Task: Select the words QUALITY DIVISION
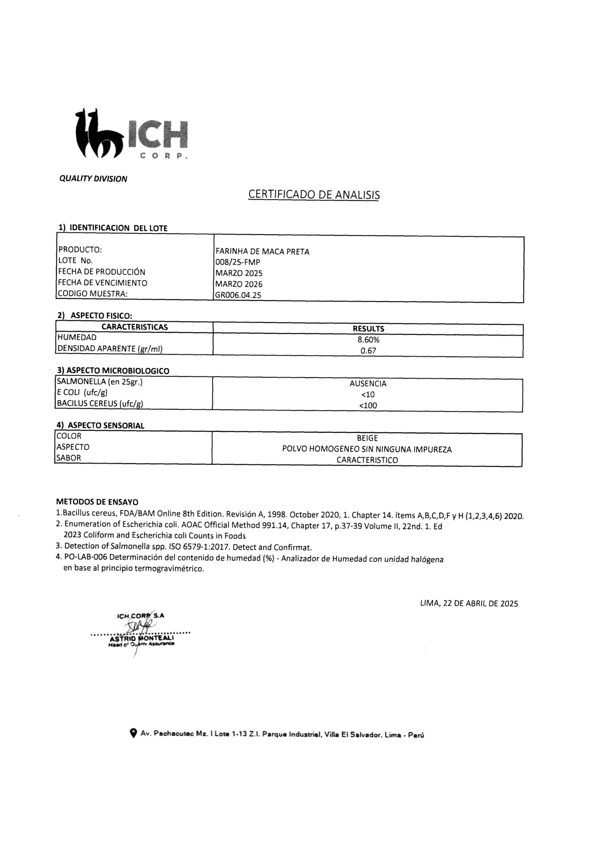pos(93,179)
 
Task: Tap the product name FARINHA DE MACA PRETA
pos(262,252)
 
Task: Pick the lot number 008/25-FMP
pos(238,262)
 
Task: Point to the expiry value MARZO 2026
pos(239,284)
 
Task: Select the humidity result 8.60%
pos(368,339)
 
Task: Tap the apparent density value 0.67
pos(368,350)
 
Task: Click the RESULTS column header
pos(368,329)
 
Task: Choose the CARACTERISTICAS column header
pos(135,327)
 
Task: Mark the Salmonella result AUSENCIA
pos(368,384)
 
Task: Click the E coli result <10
pos(368,394)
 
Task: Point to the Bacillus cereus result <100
pos(368,406)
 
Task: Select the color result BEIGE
pos(367,438)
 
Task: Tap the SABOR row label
pos(69,458)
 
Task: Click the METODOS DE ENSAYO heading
pos(97,502)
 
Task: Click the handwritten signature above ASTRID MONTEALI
pos(139,627)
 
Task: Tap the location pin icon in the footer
pos(133,733)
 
